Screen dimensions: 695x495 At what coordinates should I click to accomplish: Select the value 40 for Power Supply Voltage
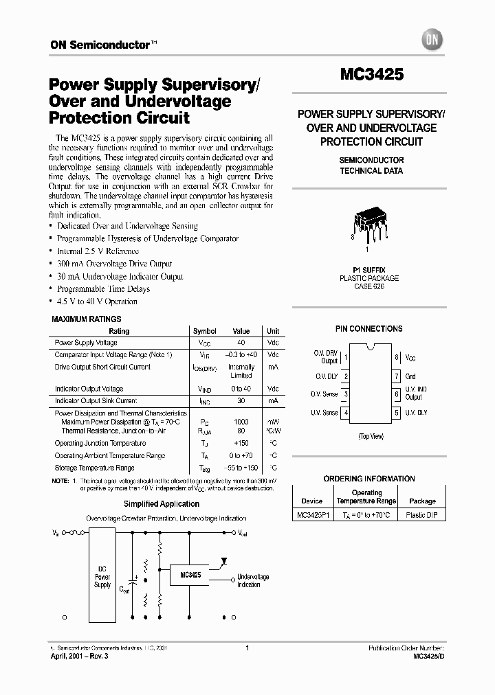(x=241, y=342)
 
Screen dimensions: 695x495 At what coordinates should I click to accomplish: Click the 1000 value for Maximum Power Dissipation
(x=241, y=421)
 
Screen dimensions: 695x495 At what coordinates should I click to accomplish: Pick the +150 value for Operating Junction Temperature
(x=241, y=443)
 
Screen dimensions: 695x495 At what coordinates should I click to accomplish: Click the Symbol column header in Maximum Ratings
(x=204, y=331)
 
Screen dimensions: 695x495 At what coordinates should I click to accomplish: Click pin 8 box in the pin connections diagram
(x=397, y=357)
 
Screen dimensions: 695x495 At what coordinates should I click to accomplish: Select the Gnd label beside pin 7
(x=410, y=376)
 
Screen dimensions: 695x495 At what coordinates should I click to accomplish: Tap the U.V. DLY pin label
(x=417, y=413)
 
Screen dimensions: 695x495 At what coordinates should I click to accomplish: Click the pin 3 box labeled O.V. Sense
(x=346, y=394)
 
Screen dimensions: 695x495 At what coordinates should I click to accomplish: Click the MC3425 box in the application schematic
(x=190, y=574)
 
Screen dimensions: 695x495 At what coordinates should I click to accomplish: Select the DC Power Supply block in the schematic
(x=102, y=577)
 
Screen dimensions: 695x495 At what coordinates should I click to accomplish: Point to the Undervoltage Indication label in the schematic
(x=253, y=581)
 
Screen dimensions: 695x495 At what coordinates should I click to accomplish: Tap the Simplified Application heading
(x=153, y=504)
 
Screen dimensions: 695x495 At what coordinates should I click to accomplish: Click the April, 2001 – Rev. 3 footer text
(x=80, y=657)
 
